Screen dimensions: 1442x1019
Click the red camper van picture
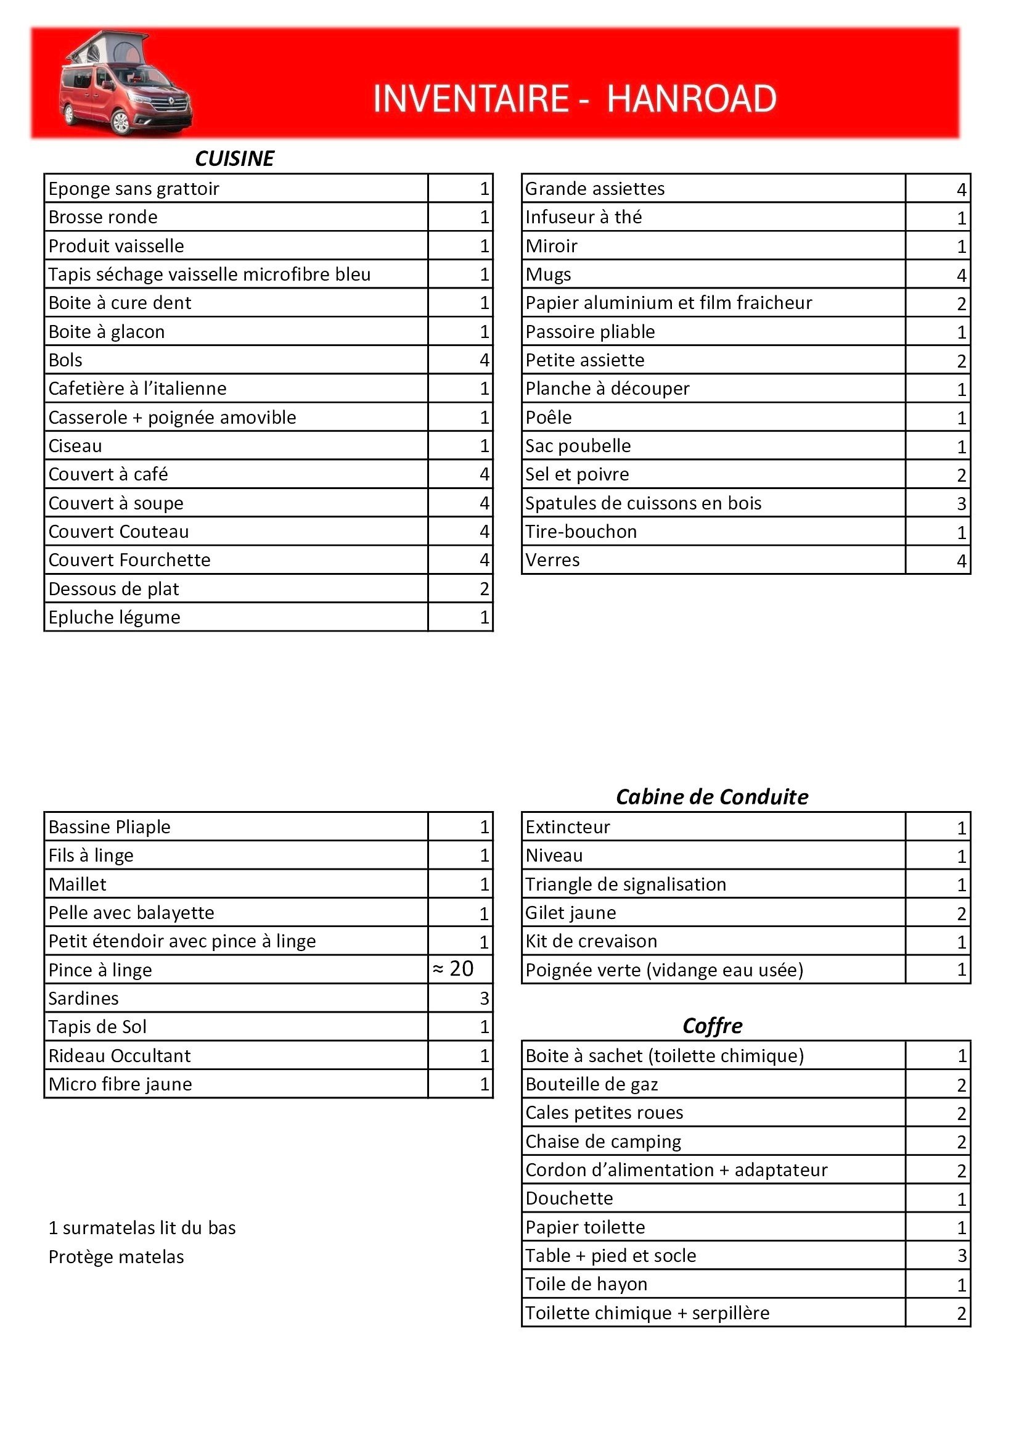[126, 83]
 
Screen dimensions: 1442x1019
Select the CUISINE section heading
[234, 159]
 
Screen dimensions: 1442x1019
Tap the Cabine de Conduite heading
[711, 797]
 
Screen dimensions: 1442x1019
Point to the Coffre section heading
[712, 1026]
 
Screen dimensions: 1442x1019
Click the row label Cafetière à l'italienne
[137, 389]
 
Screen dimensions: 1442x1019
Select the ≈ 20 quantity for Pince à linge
[453, 969]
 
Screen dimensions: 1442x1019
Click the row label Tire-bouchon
[581, 532]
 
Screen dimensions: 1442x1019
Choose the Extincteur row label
[568, 827]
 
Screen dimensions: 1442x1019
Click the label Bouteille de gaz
[591, 1085]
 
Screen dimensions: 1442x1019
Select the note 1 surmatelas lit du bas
[142, 1228]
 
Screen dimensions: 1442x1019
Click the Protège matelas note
[116, 1257]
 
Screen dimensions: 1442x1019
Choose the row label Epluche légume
[114, 617]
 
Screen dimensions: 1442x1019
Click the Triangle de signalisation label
[625, 884]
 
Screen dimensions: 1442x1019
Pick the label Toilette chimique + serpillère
[647, 1313]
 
